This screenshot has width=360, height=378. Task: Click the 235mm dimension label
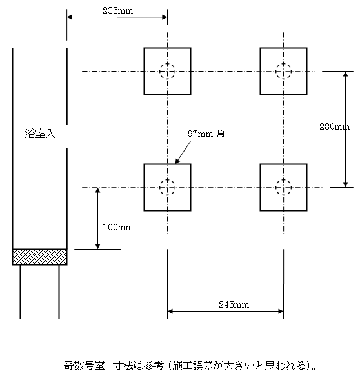pos(117,10)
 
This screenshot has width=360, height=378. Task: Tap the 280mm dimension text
pos(334,126)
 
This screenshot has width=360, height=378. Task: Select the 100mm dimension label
pos(117,227)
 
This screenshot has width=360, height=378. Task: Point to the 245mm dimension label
pos(234,304)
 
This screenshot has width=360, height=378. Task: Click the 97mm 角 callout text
pos(206,134)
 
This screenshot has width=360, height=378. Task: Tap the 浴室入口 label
pos(45,134)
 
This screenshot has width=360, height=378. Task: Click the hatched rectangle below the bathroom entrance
pos(39,257)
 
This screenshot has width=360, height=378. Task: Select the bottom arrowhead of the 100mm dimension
pos(97,246)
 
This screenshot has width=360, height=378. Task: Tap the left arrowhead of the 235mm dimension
pos(70,17)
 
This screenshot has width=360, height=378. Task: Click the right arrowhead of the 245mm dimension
pos(281,311)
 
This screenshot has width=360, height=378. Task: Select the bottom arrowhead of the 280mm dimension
pos(345,184)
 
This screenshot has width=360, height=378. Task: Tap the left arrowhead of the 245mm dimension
pos(170,311)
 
